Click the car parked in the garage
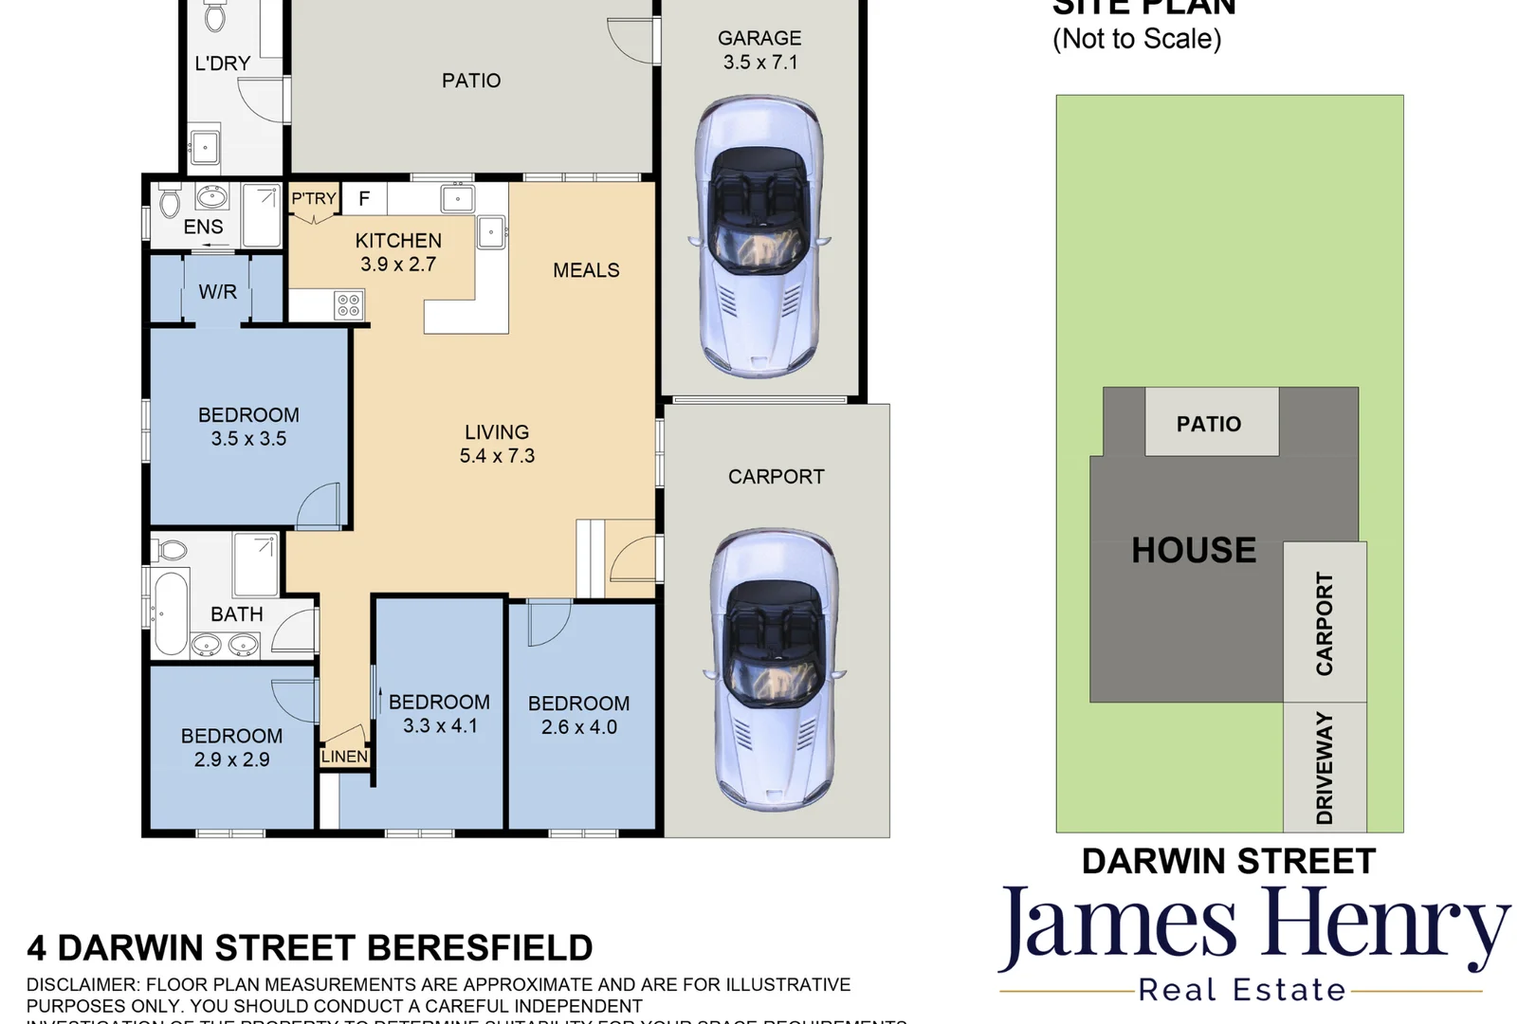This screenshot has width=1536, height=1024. pos(759,237)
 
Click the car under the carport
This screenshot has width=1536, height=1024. pos(773,668)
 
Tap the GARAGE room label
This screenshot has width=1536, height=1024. pos(759,38)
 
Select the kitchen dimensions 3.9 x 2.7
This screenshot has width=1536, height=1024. pos(398,265)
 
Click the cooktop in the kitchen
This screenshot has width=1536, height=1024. pos(348,305)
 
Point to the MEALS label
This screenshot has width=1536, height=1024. pos(586,270)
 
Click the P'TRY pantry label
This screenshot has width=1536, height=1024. pos(313,199)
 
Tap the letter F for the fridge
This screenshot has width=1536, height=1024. pos(364,199)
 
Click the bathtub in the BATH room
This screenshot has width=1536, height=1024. pos(171,613)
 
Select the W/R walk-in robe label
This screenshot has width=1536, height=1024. pos(217,292)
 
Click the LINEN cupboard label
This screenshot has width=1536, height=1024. pos(344,757)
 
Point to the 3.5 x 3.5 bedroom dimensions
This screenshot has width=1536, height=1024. pos(248,439)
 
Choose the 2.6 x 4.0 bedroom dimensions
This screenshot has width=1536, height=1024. pos(578,727)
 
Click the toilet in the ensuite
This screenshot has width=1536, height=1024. pos(171,202)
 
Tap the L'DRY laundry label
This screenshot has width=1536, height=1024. pos(223,64)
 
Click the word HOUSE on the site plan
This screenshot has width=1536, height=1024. pos(1194,550)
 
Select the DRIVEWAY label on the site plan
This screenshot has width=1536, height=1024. pos(1325,768)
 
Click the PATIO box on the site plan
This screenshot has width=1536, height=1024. pos(1209,424)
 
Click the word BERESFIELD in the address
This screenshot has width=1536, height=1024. pos(479,948)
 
